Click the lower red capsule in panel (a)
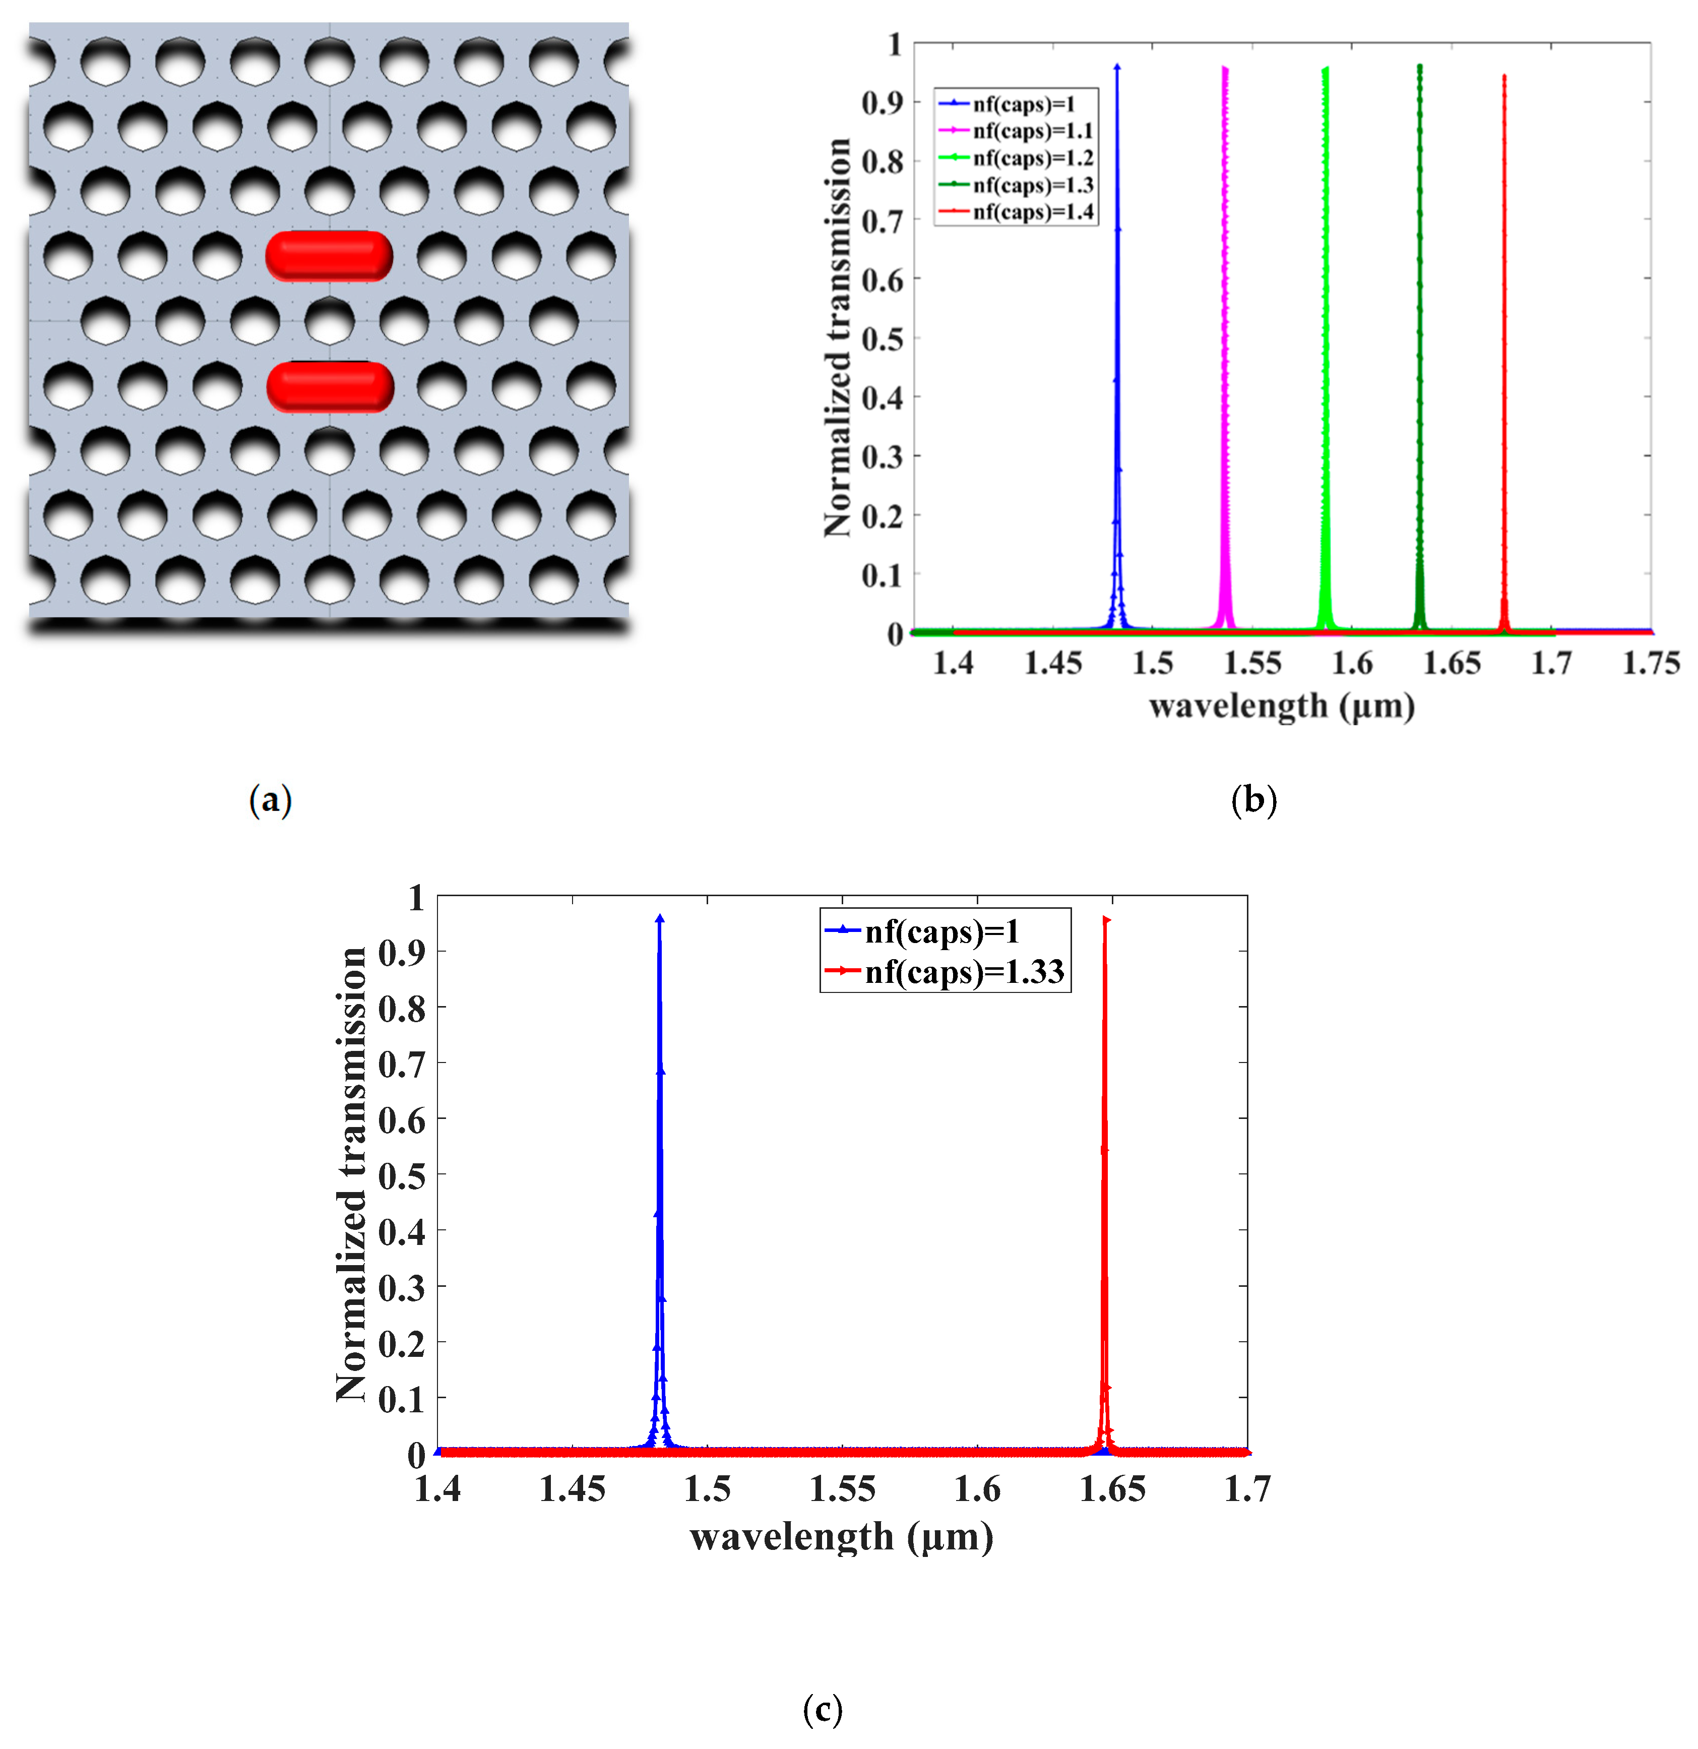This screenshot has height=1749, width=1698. (329, 387)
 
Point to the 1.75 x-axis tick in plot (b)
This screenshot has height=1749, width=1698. (1650, 663)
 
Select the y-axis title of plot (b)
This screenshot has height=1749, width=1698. (837, 337)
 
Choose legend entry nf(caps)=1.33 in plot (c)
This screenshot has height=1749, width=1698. (964, 971)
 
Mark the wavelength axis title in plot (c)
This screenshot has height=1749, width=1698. (841, 1537)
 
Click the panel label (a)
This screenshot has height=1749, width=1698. (270, 799)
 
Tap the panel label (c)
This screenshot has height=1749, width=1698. (822, 1709)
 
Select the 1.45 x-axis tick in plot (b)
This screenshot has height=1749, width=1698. (1053, 663)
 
